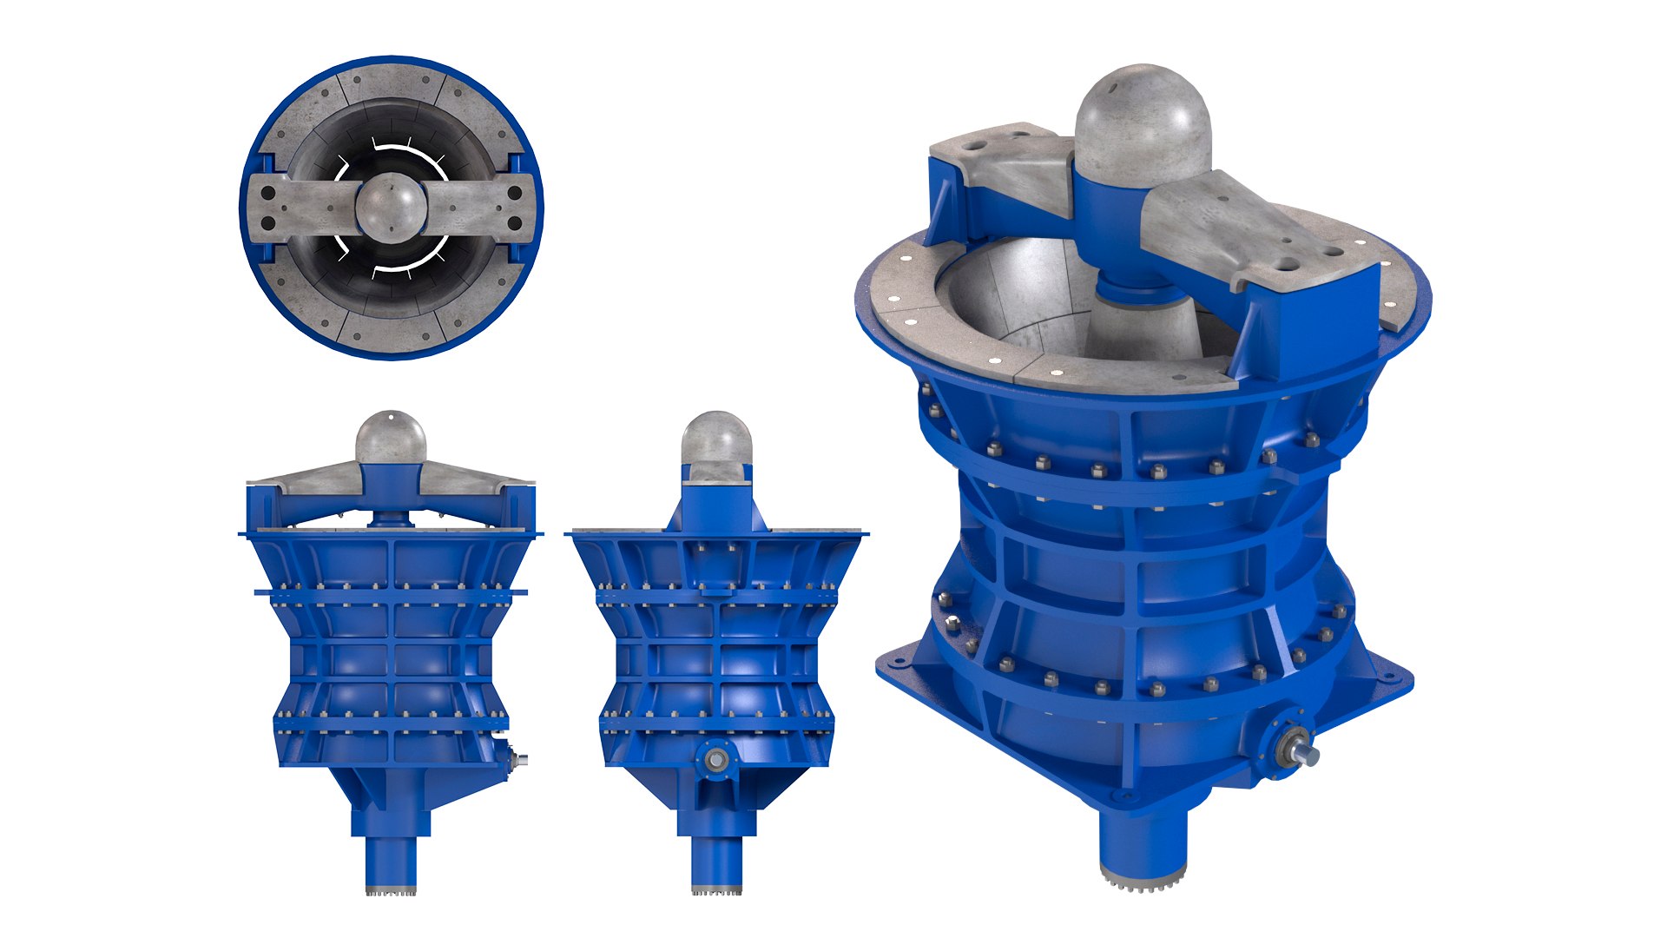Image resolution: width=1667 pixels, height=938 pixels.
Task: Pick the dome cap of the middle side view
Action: pos(715,439)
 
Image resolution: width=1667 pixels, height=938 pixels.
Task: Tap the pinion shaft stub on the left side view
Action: pos(522,759)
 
